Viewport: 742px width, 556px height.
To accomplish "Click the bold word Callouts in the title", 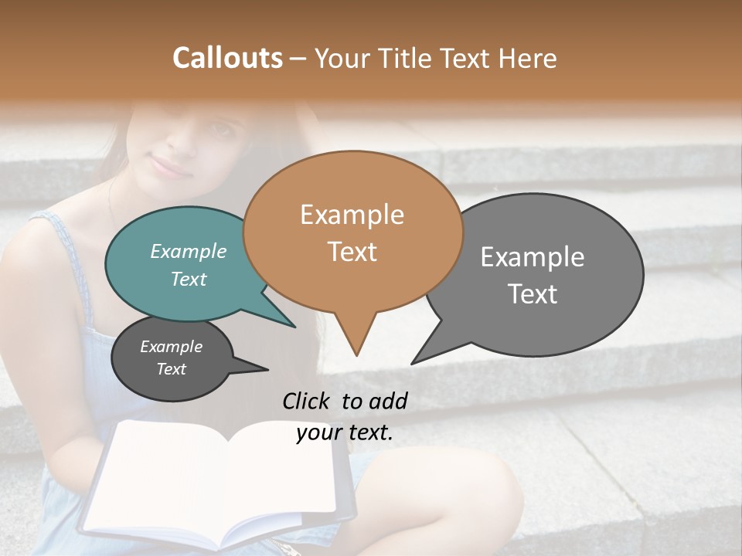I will (227, 58).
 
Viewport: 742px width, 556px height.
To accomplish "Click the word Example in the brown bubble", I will (352, 215).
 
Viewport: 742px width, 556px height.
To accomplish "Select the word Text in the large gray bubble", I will (533, 294).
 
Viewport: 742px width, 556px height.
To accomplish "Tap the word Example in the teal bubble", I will (189, 252).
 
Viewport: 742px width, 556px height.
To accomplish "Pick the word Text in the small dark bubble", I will (172, 369).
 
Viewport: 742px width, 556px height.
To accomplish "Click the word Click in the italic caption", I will (306, 401).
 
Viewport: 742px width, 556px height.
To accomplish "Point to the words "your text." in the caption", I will (345, 432).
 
